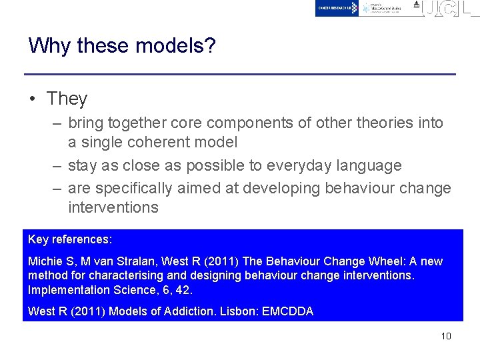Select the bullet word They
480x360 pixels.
tap(67, 99)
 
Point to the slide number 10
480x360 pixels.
tap(446, 336)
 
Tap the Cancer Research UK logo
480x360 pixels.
tap(337, 8)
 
